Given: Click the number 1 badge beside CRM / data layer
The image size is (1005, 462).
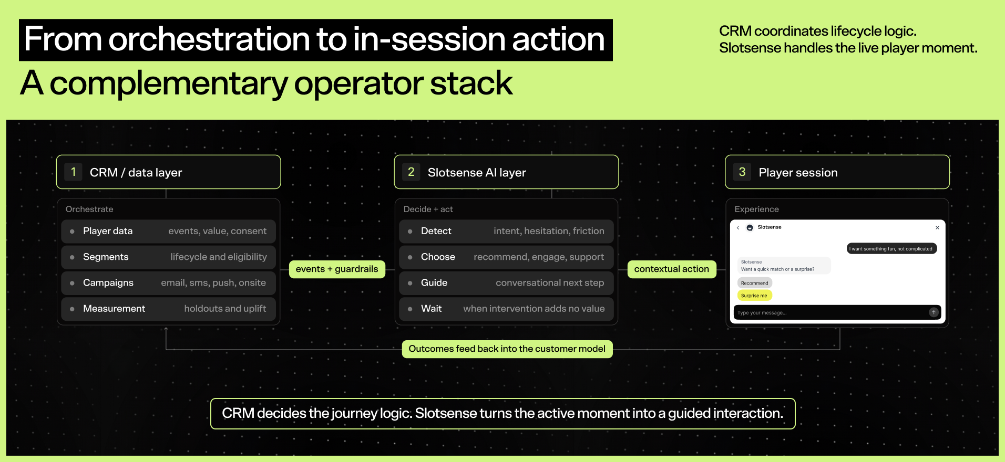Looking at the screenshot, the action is [73, 172].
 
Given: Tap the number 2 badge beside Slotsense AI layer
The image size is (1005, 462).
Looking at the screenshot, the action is [411, 172].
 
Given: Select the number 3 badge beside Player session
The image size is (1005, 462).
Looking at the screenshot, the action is [742, 172].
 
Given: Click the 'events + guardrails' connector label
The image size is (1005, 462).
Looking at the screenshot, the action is [337, 269].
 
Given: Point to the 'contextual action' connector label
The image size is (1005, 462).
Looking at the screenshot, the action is [672, 269].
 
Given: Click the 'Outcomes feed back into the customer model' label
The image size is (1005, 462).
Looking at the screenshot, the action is [507, 349].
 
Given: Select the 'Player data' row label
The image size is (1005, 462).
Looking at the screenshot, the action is [108, 231].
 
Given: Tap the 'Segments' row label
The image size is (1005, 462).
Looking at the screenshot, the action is [106, 257].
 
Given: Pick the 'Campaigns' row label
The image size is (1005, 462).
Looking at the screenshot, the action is [108, 283].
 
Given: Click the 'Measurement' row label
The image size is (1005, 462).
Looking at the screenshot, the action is [114, 309].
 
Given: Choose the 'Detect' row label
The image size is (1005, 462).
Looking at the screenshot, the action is [436, 231].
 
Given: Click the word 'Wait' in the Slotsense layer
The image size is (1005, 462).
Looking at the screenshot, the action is [432, 309].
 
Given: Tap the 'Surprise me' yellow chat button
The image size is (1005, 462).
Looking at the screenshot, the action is [754, 296].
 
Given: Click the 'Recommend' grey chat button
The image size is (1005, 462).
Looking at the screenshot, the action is [755, 283].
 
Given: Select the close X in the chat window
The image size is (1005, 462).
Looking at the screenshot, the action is [937, 228].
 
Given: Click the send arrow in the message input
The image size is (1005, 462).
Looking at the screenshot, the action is [934, 312].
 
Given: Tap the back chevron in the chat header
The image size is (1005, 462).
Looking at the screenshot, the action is [738, 227].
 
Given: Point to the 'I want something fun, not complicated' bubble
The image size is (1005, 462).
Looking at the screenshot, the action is [891, 249].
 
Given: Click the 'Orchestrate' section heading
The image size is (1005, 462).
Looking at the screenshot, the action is [89, 209].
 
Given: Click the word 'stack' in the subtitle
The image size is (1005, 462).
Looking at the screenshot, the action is [471, 83].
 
